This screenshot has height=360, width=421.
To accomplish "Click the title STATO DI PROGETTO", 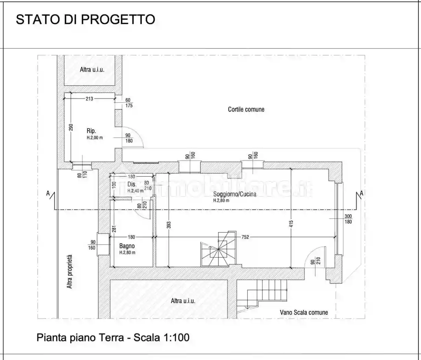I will [x=85, y=19].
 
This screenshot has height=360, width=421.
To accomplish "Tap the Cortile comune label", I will [x=246, y=109].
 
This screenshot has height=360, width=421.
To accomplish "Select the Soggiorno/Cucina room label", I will [x=235, y=194].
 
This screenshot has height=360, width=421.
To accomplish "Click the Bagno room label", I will [x=127, y=246].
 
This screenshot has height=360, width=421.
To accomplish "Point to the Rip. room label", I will [x=91, y=131].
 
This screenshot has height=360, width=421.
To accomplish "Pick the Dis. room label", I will [x=132, y=184].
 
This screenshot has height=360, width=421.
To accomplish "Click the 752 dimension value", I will [x=245, y=237].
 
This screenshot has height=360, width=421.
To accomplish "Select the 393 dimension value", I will [x=169, y=225].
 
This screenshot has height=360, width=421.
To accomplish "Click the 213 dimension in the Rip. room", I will [x=89, y=99].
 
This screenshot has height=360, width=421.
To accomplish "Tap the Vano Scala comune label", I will [x=304, y=312].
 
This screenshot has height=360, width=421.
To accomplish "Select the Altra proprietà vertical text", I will [x=70, y=271].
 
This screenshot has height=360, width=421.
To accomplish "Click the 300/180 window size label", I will [x=348, y=219].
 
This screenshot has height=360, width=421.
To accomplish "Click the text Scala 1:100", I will [x=161, y=337].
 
